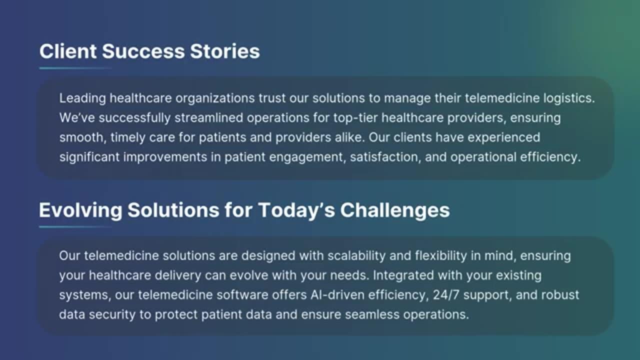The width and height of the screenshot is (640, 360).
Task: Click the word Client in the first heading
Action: click(68, 51)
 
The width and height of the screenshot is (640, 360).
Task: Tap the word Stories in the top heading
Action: click(225, 51)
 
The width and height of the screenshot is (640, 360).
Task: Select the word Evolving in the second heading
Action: click(80, 211)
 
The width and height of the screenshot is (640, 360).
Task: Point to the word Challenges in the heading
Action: click(395, 211)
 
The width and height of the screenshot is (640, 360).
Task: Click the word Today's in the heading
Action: click(296, 211)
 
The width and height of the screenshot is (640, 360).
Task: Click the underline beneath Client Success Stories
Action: click(75, 68)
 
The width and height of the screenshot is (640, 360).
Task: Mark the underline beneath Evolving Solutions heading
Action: click(75, 227)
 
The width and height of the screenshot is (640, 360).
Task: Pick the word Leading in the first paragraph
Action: click(82, 99)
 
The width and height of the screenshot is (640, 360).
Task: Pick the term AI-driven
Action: click(337, 295)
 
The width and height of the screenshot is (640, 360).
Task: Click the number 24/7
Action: click(446, 295)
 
